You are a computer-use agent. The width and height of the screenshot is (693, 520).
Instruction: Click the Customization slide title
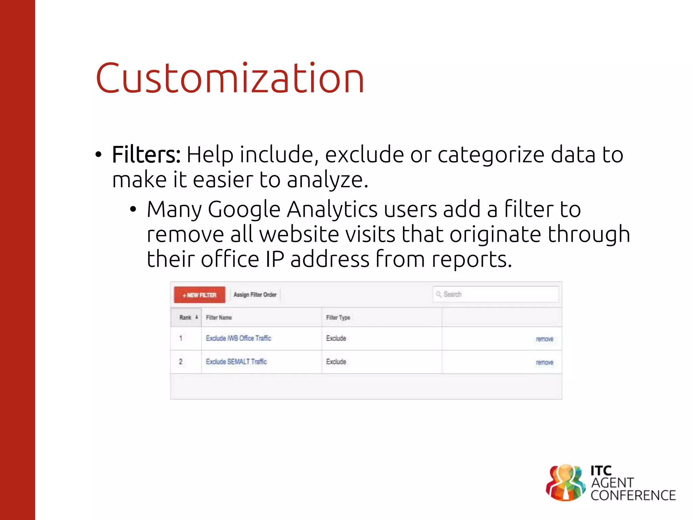pyautogui.click(x=230, y=79)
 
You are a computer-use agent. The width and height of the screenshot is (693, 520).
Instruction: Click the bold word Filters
pyautogui.click(x=146, y=155)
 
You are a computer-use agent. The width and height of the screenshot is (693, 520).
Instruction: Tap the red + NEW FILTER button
pyautogui.click(x=200, y=295)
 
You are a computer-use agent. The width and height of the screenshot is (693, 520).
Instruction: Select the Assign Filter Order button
pyautogui.click(x=255, y=295)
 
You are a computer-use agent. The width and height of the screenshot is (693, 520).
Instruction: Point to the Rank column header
pyautogui.click(x=186, y=318)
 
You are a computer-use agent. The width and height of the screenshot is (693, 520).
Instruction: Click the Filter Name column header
pyautogui.click(x=219, y=318)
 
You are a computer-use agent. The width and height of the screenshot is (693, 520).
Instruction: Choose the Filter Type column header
pyautogui.click(x=338, y=318)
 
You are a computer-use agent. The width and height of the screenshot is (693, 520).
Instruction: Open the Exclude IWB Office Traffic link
pyautogui.click(x=239, y=338)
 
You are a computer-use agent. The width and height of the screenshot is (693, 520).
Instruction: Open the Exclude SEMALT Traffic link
pyautogui.click(x=236, y=362)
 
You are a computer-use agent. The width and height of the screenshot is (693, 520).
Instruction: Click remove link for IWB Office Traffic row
pyautogui.click(x=544, y=339)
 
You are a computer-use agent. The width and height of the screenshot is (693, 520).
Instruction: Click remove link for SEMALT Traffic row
pyautogui.click(x=544, y=362)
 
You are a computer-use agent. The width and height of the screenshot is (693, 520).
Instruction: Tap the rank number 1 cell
pyautogui.click(x=181, y=338)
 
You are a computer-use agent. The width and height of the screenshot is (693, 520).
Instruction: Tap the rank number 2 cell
pyautogui.click(x=181, y=362)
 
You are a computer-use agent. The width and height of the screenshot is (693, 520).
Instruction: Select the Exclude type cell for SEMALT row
pyautogui.click(x=336, y=362)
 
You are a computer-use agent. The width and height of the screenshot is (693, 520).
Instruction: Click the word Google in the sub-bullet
pyautogui.click(x=244, y=210)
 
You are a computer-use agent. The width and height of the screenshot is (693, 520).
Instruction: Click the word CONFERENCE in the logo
pyautogui.click(x=633, y=496)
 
